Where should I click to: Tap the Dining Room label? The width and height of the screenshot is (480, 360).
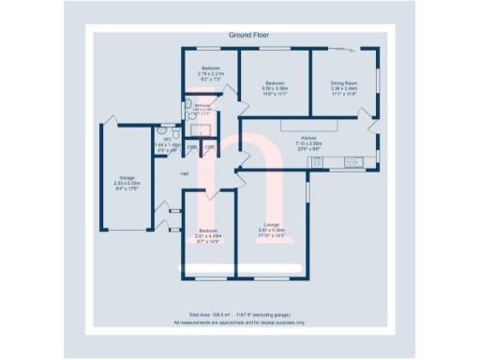(x=344, y=82)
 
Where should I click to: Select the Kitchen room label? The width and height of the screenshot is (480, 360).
(x=308, y=136)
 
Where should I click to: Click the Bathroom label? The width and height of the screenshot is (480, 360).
(x=203, y=105)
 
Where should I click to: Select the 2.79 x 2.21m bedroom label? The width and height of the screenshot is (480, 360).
(x=211, y=68)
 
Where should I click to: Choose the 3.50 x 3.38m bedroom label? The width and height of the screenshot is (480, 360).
(x=276, y=82)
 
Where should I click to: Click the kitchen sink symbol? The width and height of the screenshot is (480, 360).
(x=353, y=162)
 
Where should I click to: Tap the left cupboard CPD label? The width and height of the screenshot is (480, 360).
(x=192, y=147)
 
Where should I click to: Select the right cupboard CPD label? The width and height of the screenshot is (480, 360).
(x=211, y=147)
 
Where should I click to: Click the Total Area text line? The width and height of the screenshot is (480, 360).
(x=241, y=314)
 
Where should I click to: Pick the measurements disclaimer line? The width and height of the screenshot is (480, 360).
(x=241, y=322)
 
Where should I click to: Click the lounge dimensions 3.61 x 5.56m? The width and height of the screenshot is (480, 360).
(x=272, y=230)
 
